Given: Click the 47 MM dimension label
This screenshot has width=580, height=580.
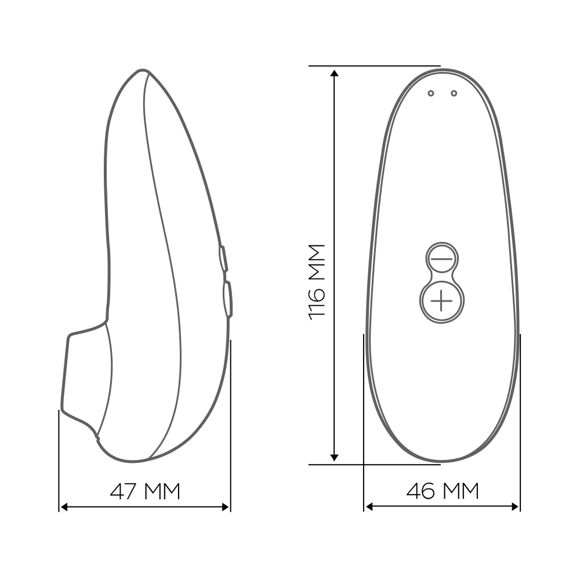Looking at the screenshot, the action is [145, 491].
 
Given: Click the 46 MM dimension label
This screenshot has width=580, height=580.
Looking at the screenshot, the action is [443, 491].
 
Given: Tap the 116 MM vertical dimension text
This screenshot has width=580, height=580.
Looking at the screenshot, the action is [317, 282].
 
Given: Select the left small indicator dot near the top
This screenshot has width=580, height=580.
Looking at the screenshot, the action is [430, 93].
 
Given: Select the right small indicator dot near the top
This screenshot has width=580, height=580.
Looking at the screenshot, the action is [454, 93].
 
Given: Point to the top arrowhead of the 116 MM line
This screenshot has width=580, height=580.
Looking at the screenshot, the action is [335, 73].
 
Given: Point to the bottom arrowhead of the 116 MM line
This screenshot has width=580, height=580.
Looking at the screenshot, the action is [335, 458].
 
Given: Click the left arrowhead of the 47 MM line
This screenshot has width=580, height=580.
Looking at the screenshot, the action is [64, 507].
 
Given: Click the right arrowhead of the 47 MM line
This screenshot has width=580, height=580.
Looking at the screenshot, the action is [225, 507].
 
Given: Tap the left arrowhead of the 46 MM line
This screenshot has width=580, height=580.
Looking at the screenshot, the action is [369, 507].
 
